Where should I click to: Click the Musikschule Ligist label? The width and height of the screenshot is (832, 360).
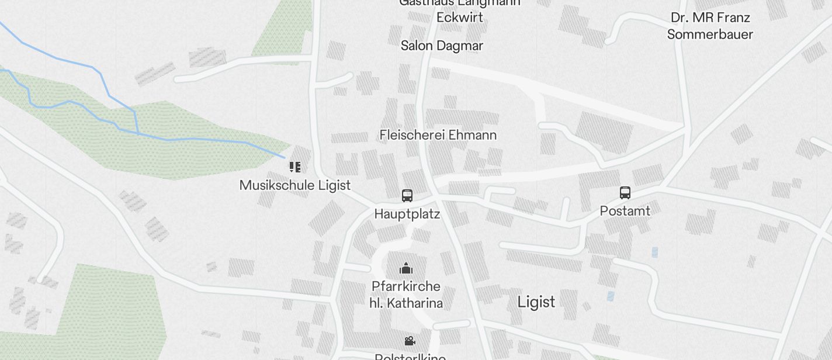pos(295,185)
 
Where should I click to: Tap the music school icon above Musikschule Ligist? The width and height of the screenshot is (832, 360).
pos(295,167)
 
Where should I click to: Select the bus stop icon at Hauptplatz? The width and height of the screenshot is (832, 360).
pos(407,196)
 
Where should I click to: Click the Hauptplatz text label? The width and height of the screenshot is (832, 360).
pos(407,214)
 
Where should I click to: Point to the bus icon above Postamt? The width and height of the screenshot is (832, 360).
pos(625,193)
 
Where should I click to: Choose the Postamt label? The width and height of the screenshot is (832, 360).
pos(625,211)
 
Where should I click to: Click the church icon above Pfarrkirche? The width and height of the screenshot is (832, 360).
pos(406,269)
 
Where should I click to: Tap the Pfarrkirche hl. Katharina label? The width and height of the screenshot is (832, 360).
pos(406,295)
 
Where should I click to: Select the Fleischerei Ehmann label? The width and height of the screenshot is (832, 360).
pos(438,135)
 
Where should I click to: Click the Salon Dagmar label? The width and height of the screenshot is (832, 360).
pos(442,46)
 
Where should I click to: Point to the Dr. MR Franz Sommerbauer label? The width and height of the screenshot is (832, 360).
pos(710,26)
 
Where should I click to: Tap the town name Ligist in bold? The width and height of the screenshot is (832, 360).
pos(536,302)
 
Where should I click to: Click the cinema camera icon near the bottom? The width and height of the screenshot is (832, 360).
pos(410,341)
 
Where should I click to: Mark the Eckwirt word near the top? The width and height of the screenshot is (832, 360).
pos(460,18)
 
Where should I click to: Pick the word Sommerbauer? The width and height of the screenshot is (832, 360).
pos(710,34)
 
